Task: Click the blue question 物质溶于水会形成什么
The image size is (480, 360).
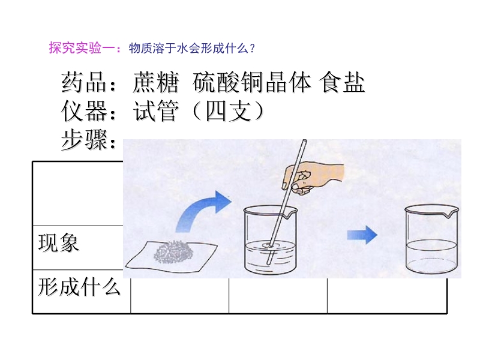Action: (x=188, y=49)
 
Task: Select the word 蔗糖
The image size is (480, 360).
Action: (x=155, y=82)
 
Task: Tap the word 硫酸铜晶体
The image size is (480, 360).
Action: (x=251, y=82)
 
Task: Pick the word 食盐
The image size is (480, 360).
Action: (x=341, y=82)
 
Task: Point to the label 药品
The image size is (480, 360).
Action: (x=83, y=82)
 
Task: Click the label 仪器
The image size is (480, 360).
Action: (x=83, y=111)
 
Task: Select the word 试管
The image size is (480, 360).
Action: (x=155, y=111)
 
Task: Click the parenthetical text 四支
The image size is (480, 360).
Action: (x=229, y=111)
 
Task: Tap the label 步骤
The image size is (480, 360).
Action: (x=83, y=139)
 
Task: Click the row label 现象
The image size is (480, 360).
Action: (x=58, y=243)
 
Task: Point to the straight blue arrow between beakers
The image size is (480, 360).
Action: (x=362, y=235)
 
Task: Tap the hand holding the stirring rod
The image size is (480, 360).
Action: (x=313, y=178)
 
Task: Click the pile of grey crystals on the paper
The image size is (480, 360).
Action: (x=173, y=251)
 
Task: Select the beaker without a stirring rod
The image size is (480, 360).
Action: (x=432, y=239)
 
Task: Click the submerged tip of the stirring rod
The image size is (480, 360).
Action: (x=269, y=263)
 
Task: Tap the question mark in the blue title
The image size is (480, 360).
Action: (x=252, y=49)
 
